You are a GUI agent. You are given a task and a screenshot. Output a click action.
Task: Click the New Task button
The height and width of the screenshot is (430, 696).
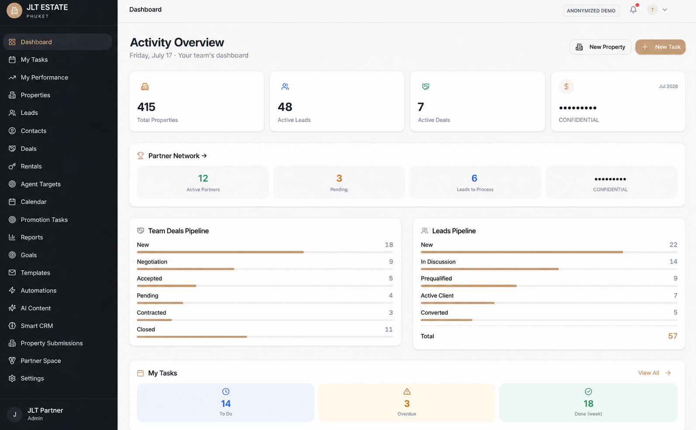660,47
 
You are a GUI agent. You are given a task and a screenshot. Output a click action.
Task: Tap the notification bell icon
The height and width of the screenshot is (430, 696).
633,10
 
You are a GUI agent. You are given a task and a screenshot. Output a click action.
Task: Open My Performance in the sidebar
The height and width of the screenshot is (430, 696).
45,77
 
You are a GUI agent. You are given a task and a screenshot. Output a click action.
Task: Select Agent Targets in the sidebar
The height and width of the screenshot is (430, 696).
41,184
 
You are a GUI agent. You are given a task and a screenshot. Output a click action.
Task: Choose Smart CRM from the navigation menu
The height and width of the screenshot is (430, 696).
37,326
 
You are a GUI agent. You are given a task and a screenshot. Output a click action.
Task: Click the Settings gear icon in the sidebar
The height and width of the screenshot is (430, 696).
12,379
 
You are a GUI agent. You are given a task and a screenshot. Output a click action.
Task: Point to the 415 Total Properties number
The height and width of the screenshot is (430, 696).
146,107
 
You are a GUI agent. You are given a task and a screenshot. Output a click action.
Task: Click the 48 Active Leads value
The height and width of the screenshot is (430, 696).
285,107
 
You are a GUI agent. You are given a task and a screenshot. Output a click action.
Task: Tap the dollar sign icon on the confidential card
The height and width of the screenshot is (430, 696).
566,86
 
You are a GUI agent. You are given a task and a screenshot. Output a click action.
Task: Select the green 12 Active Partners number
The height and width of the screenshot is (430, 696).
203,178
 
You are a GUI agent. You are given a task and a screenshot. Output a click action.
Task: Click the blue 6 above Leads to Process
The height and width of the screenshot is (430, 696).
475,178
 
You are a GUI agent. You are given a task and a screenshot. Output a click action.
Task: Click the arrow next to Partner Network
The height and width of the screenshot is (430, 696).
204,156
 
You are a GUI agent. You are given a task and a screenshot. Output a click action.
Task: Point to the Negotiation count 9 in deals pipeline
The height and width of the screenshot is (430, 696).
391,262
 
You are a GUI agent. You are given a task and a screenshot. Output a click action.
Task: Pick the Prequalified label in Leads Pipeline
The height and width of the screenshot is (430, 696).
436,278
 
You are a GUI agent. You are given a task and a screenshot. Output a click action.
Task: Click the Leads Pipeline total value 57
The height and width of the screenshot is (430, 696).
673,336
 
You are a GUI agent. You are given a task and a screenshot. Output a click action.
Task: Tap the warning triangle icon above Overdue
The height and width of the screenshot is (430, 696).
407,392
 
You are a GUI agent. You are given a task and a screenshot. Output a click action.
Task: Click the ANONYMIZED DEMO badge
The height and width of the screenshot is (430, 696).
591,10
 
